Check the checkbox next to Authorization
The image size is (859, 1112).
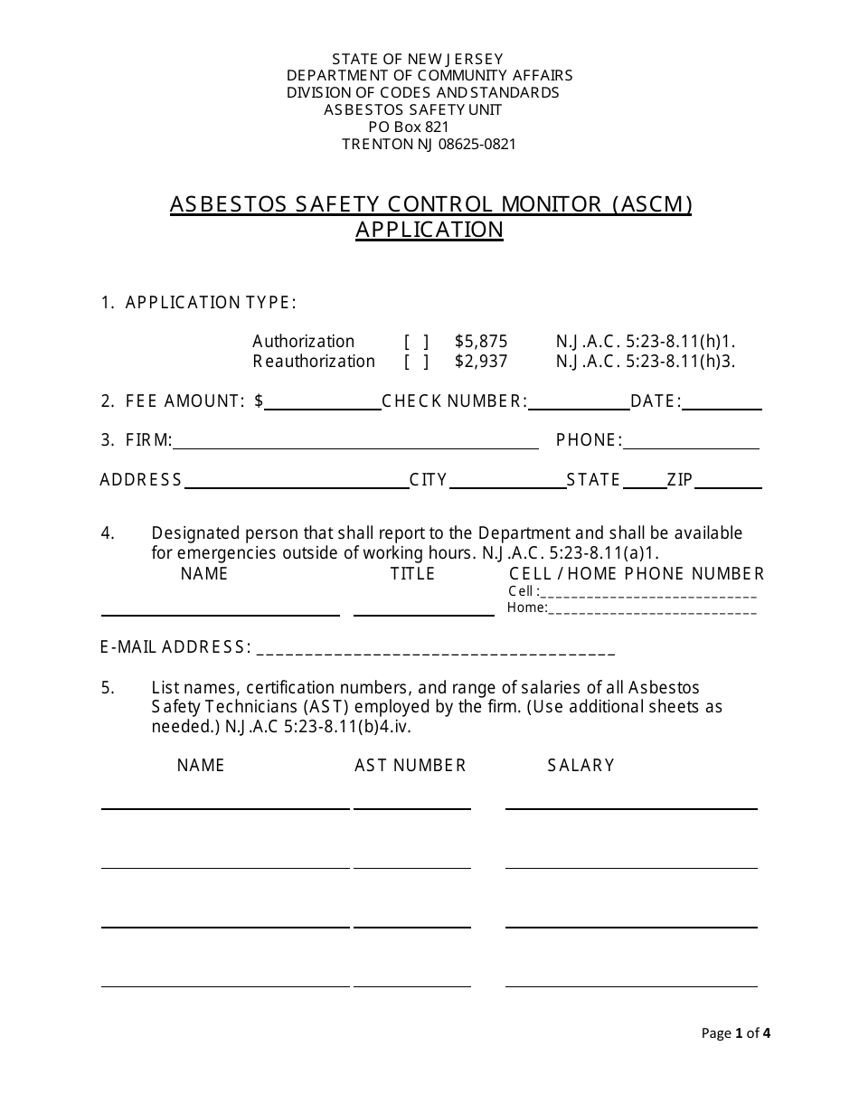coord(416,342)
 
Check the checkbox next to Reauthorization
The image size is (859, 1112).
coord(416,362)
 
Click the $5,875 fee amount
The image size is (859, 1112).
coord(481,342)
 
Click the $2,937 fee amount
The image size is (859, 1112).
coord(481,362)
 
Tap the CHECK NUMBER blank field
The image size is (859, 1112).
coord(578,403)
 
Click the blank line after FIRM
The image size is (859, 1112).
coord(355,442)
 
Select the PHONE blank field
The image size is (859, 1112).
coord(692,442)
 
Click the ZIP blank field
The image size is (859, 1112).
coord(728,482)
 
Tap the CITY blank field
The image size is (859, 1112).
coord(507,482)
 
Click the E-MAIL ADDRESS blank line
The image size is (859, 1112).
coord(436,649)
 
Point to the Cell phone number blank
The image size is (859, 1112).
coord(648,593)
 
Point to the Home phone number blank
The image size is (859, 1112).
coord(652,609)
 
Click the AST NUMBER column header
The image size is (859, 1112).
coord(411,766)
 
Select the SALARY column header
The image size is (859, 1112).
coord(581,766)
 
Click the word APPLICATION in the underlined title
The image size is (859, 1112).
coord(429,230)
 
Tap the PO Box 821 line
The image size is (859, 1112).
coord(409,127)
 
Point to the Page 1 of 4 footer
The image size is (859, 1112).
coord(736,1033)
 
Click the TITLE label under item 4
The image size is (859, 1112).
coord(412,574)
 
